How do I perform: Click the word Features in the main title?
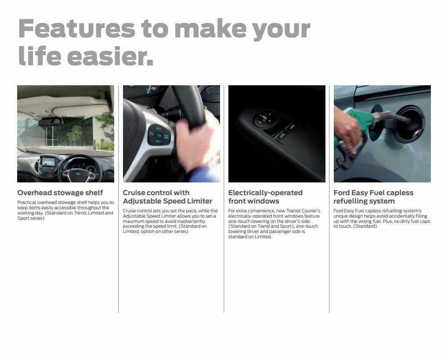click(x=77, y=28)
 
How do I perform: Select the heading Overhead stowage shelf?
click(x=60, y=193)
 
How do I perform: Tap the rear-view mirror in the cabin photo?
click(x=50, y=122)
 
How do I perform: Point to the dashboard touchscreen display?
click(x=48, y=161)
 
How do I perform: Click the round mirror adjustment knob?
click(x=265, y=118)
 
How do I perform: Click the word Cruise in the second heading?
click(x=134, y=193)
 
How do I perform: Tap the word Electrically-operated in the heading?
click(x=265, y=193)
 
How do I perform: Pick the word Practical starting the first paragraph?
click(x=26, y=203)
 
